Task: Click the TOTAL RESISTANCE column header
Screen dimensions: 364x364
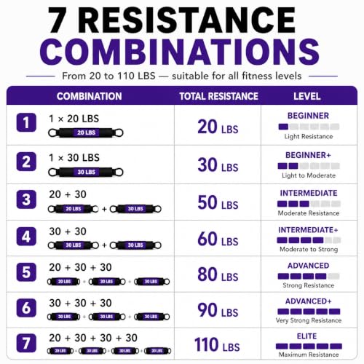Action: tap(218, 96)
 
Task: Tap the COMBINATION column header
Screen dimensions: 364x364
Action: tap(90, 96)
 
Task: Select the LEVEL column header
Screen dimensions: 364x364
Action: tap(307, 96)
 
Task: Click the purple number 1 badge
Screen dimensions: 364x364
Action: tap(26, 122)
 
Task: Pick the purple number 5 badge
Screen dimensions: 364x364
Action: tap(26, 272)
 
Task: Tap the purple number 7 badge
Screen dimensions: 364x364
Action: tap(26, 343)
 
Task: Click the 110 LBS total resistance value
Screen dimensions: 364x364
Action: tap(217, 344)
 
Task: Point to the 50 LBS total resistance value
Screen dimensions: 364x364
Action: tap(218, 202)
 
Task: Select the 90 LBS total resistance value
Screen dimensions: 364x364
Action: tap(218, 310)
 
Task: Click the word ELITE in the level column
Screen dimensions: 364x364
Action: tap(307, 336)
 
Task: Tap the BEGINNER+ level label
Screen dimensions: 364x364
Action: tap(308, 155)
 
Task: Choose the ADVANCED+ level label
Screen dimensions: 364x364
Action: tap(309, 301)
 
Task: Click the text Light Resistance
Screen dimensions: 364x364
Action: tap(309, 136)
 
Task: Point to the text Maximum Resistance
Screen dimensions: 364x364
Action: tap(309, 355)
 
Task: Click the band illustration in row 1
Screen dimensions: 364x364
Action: tap(86, 132)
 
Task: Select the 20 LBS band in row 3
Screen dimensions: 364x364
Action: tap(74, 209)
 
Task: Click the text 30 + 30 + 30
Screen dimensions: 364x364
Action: tap(80, 303)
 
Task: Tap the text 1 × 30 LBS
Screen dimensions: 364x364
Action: tap(74, 158)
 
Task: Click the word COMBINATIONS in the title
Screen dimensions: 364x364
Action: tap(180, 52)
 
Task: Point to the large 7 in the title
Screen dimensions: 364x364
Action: tap(58, 20)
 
